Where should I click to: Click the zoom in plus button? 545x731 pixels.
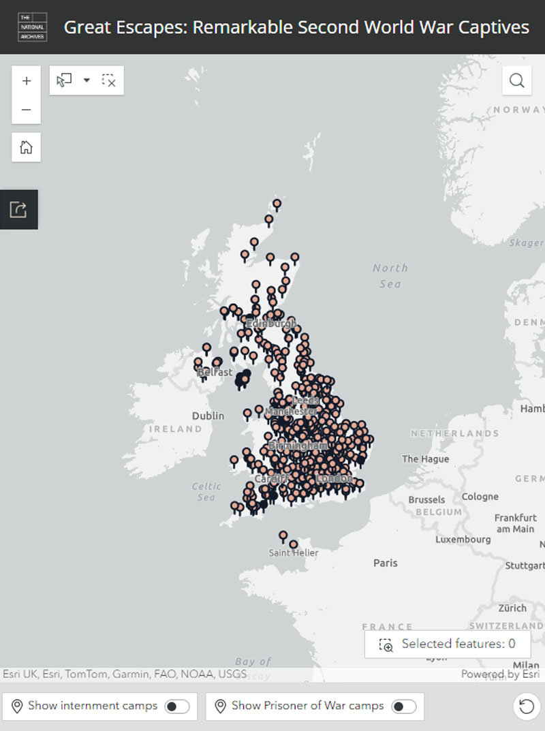[27, 81]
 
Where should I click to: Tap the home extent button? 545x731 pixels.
[27, 147]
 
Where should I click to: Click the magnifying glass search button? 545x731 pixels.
[517, 81]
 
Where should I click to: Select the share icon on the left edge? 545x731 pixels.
[18, 209]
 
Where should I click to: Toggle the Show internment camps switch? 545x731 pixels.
[177, 706]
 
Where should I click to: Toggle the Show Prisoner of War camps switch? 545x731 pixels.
[403, 706]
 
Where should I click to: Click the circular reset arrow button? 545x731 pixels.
[526, 706]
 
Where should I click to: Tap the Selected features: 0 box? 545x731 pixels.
[448, 644]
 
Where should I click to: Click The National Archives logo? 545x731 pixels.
[32, 27]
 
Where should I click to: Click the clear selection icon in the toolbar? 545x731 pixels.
[109, 81]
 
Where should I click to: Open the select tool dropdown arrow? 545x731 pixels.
[87, 80]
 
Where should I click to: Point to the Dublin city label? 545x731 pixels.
[208, 416]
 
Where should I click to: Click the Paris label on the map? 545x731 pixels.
[386, 563]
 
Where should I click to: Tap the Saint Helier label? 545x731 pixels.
[294, 553]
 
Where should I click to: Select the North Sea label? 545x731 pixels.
[390, 276]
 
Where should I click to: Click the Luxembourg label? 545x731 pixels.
[463, 539]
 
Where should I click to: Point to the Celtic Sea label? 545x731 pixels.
[206, 492]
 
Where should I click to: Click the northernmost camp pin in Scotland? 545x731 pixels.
[277, 204]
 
